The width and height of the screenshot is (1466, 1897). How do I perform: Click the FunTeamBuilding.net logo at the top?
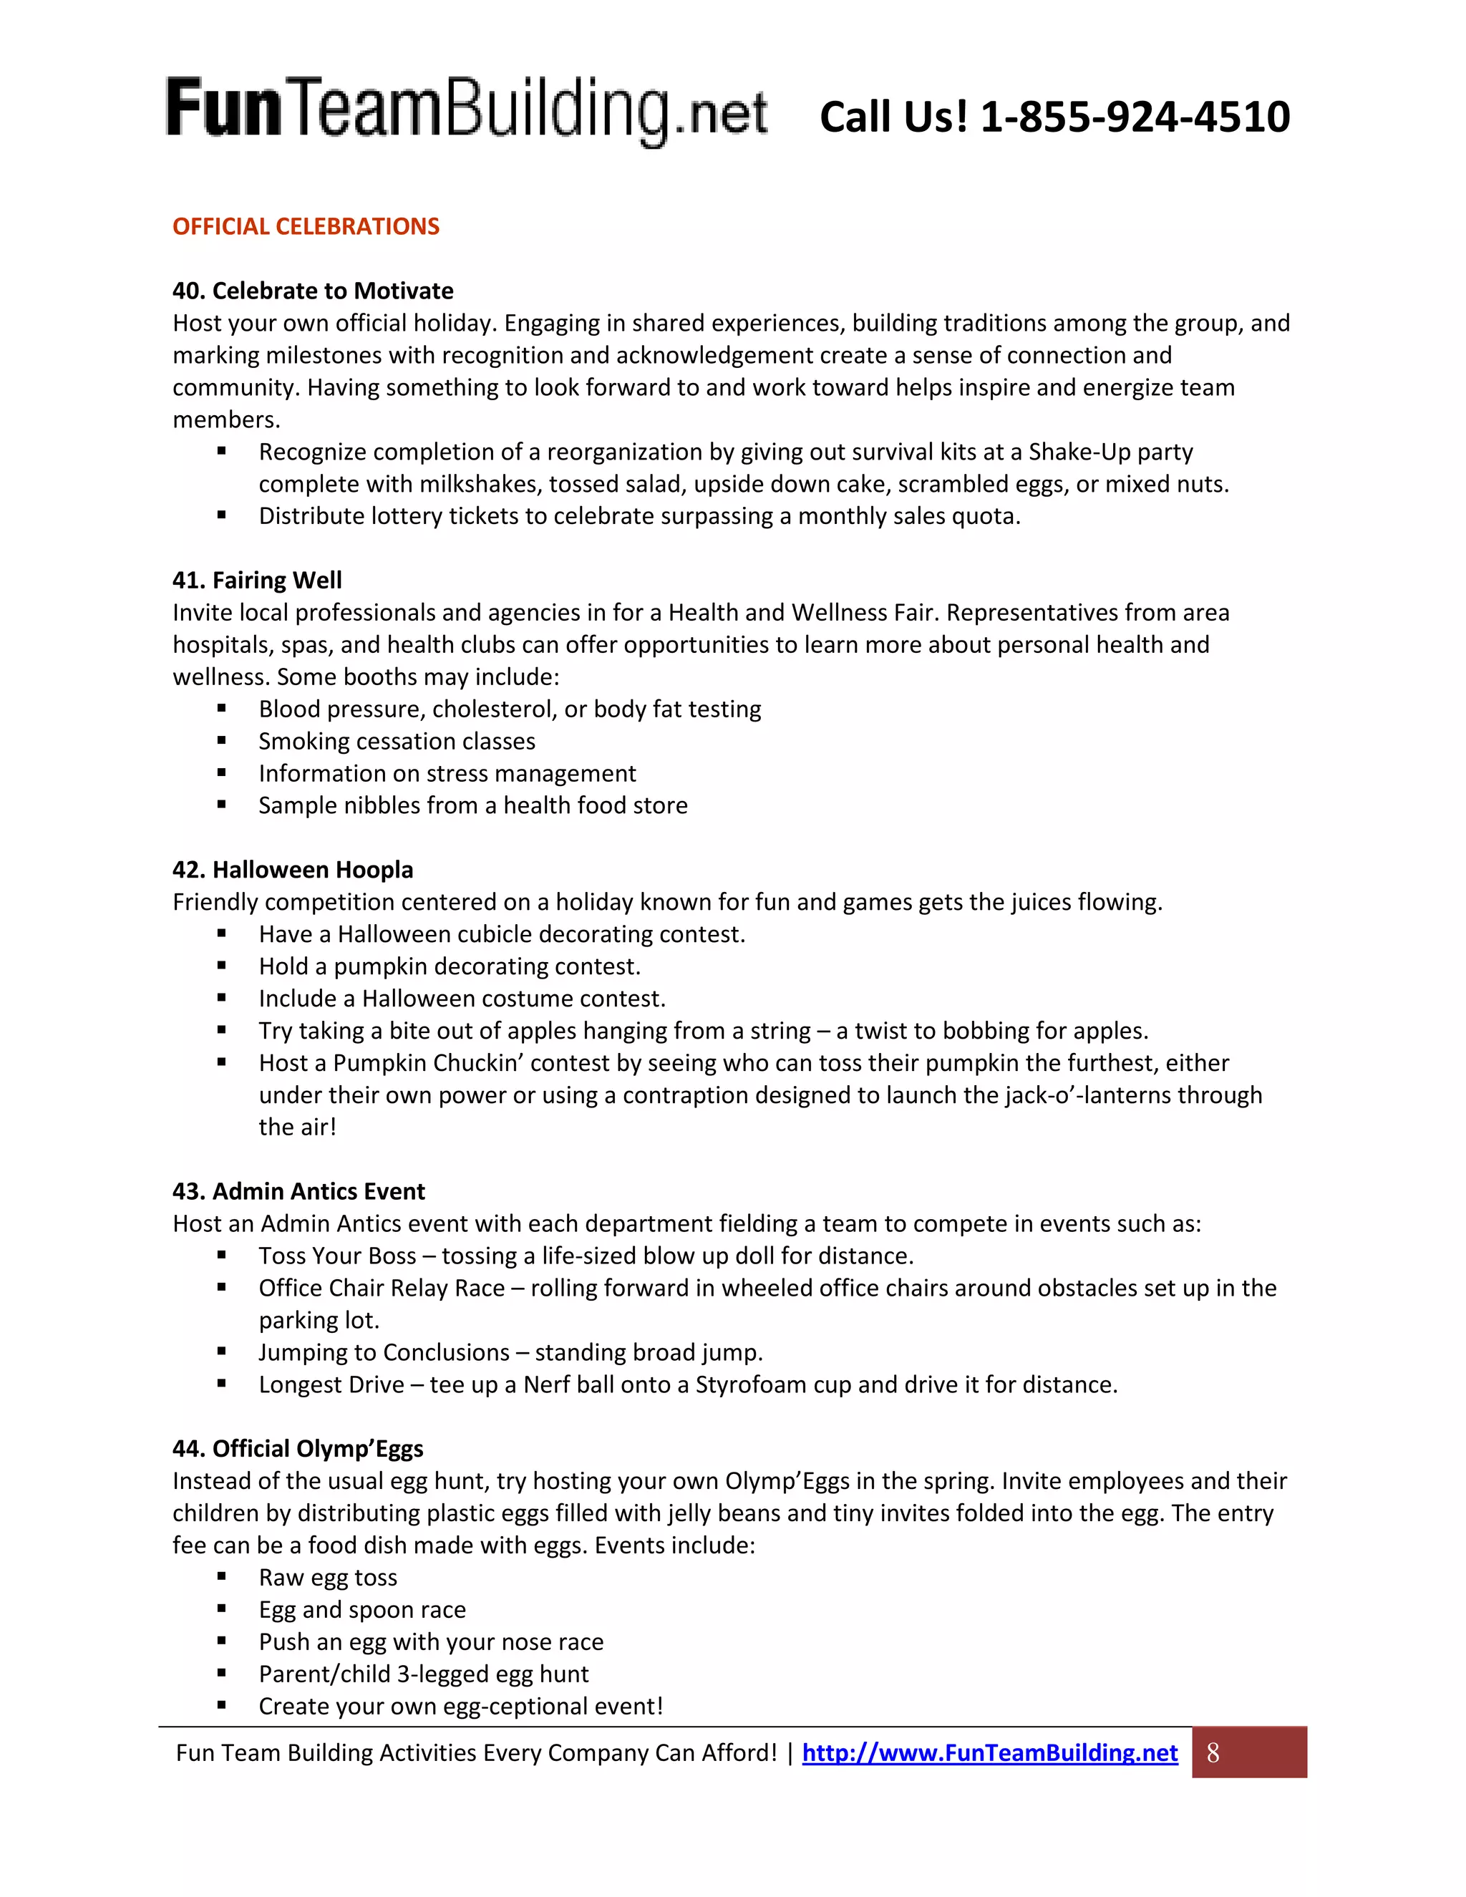point(467,111)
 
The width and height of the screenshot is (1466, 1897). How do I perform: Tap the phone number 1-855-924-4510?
point(1135,117)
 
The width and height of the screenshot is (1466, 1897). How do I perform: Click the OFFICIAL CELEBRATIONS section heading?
point(306,227)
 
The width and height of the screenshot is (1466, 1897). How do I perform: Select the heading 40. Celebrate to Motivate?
point(313,291)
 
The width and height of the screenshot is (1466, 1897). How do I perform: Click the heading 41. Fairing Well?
point(257,581)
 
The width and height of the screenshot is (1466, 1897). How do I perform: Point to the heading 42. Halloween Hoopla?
point(293,870)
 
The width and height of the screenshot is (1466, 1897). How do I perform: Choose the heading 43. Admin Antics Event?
point(298,1191)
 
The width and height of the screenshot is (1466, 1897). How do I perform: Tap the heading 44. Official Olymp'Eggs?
point(298,1449)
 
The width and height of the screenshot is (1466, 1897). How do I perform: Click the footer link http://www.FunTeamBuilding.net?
point(989,1753)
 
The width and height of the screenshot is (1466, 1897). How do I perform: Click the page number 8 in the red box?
point(1213,1753)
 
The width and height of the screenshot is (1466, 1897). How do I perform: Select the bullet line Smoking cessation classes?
point(397,741)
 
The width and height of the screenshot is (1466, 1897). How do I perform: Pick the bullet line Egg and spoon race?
point(362,1609)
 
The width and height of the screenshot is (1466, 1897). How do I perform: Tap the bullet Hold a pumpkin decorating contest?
point(449,966)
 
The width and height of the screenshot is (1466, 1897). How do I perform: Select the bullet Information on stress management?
point(447,773)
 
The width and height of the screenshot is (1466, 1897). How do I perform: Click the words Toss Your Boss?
point(337,1256)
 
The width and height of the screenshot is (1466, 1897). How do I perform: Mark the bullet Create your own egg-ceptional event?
point(460,1706)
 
